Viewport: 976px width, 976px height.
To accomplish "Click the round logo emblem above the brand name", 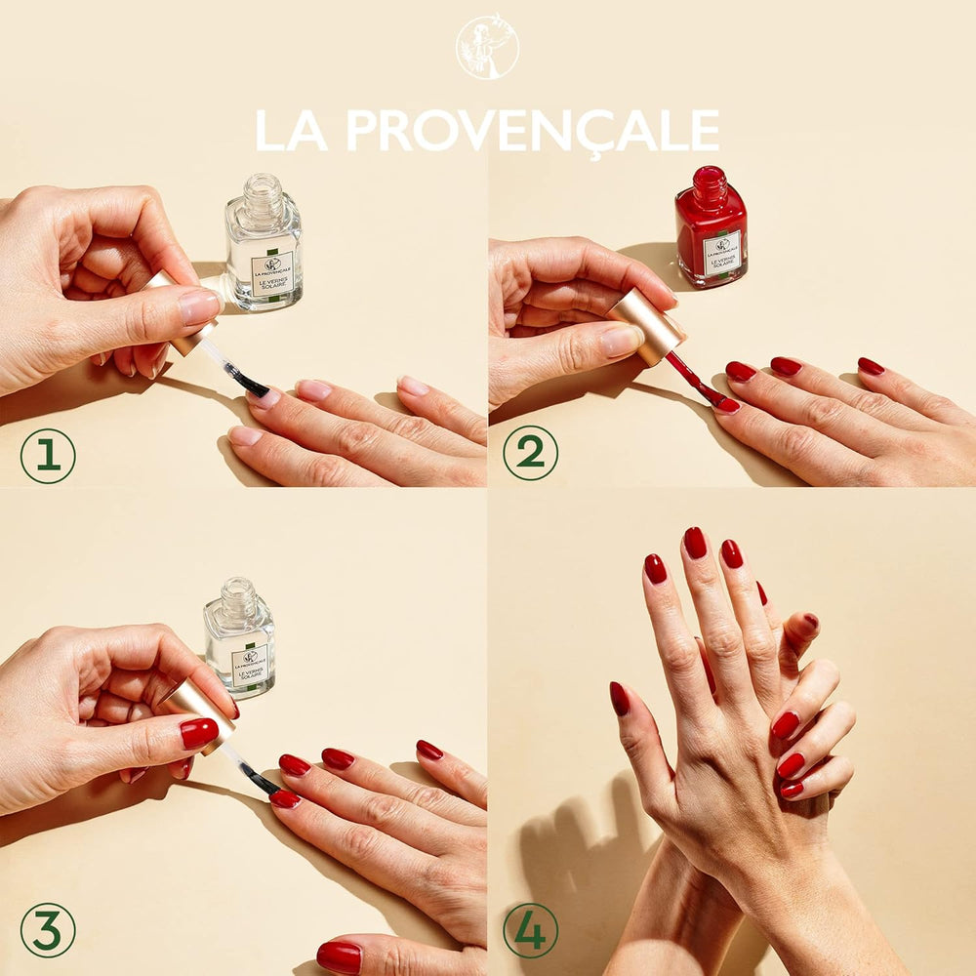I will [x=487, y=46].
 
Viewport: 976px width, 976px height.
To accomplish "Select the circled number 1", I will [x=47, y=456].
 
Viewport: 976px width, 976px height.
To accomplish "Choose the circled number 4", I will [x=530, y=930].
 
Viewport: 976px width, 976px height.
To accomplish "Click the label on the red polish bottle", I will [x=721, y=253].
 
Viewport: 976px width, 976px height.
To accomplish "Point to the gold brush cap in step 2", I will [x=646, y=326].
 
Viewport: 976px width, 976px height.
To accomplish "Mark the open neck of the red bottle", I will [x=710, y=182].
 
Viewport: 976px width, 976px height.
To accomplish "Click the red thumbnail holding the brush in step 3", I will [x=199, y=733].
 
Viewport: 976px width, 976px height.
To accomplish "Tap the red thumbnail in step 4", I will [x=620, y=698].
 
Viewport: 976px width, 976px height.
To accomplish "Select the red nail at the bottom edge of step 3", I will [x=339, y=957].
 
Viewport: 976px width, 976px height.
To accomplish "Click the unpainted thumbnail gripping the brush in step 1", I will [x=200, y=306].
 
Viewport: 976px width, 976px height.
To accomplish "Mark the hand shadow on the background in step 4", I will [x=576, y=859].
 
